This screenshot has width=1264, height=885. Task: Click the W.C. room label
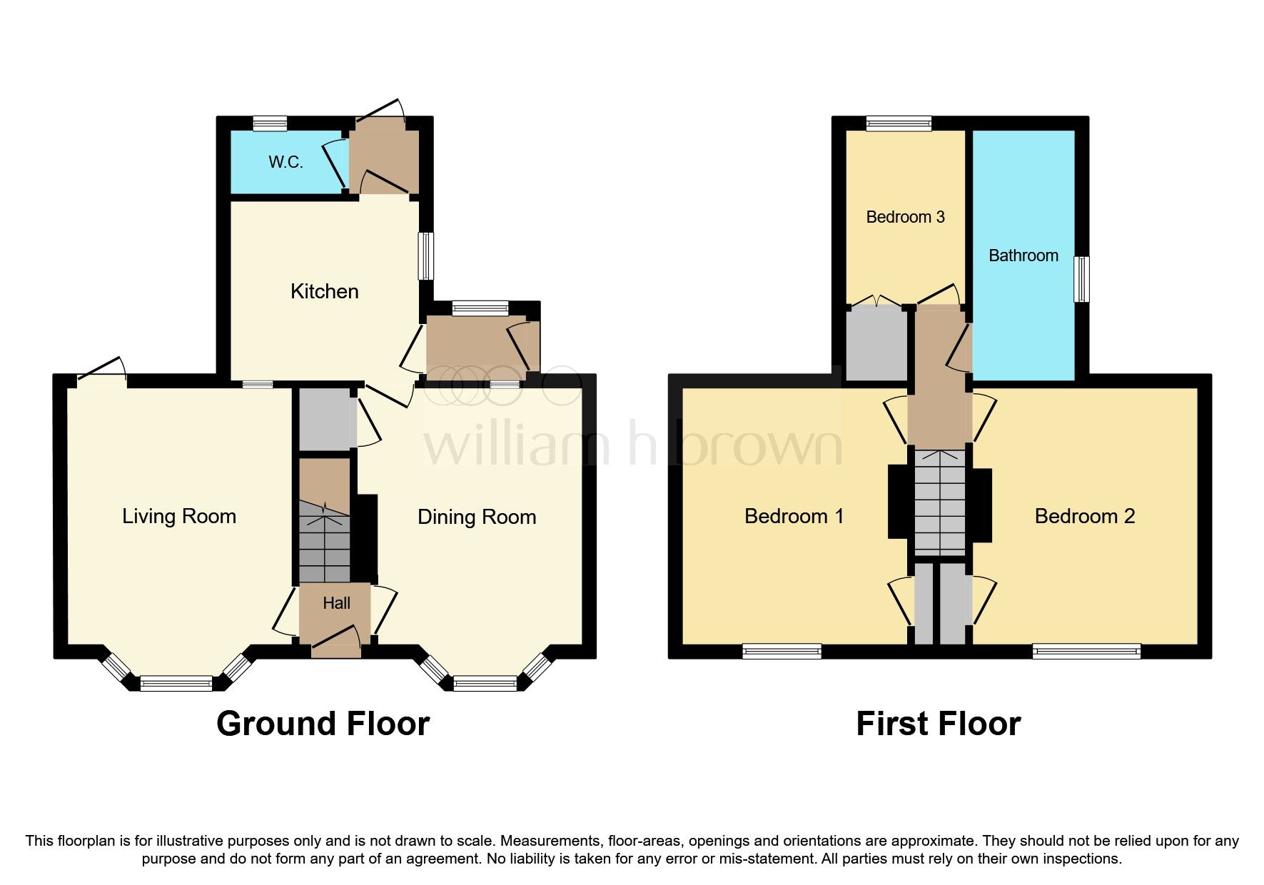pos(285,162)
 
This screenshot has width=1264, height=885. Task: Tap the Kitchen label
pos(324,291)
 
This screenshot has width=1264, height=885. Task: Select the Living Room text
pos(178,516)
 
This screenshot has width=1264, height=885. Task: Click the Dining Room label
pos(476,517)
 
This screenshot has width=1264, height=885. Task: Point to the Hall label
pos(336,603)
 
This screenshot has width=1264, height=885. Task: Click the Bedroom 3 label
pos(905,217)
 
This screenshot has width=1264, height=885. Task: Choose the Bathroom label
pos(1023,256)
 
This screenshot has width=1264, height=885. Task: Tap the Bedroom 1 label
pos(794,516)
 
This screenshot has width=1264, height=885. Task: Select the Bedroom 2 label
pos(1084,516)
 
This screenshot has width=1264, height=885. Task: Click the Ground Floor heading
pos(323,724)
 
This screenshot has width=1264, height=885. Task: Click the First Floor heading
pos(938,724)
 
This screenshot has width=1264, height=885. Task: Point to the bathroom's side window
pos(1082,279)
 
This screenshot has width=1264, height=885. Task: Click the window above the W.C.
pos(271,123)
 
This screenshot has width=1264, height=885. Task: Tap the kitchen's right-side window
pos(426,256)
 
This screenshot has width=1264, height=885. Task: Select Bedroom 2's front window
pos(1086,651)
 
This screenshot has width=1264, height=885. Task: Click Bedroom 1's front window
pos(782,651)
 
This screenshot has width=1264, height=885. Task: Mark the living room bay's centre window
pos(176,684)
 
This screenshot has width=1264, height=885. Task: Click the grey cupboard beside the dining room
pos(325,419)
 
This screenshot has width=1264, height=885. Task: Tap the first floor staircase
pos(940,502)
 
